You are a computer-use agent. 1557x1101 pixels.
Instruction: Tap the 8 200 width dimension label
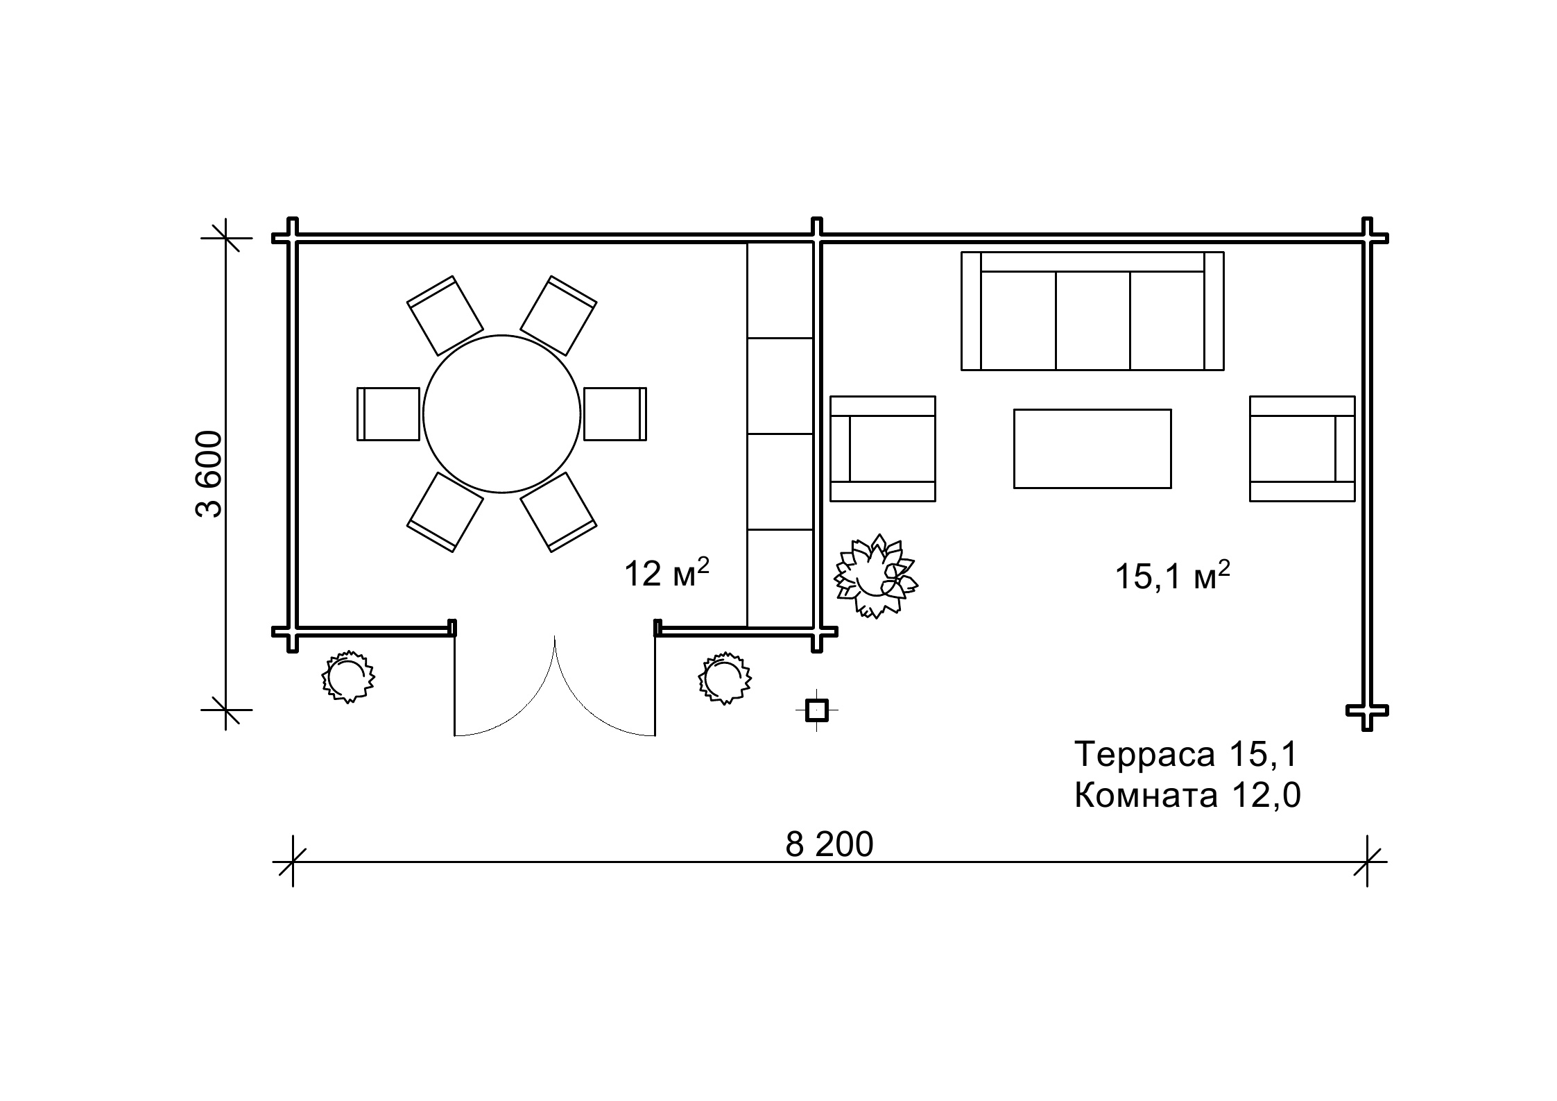(x=829, y=844)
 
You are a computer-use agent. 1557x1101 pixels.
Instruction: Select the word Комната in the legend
(x=1146, y=796)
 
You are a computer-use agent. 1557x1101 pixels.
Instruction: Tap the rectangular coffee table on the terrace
(x=1092, y=448)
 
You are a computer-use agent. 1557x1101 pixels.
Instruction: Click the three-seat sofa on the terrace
(x=1092, y=311)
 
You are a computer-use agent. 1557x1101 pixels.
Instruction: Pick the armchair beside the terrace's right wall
(x=1302, y=448)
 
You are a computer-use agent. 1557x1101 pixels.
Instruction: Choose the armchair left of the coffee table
(x=883, y=448)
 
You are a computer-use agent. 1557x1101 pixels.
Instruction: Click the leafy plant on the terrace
(x=875, y=577)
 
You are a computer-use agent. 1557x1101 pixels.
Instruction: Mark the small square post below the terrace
(x=817, y=710)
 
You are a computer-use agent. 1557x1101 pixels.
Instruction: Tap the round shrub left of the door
(x=347, y=676)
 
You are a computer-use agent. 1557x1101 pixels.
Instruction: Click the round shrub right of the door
(x=725, y=678)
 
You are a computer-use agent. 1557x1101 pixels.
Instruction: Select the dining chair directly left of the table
(x=388, y=414)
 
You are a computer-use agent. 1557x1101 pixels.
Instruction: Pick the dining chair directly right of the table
(x=615, y=414)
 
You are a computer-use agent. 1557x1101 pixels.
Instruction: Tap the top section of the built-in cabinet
(x=780, y=290)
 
